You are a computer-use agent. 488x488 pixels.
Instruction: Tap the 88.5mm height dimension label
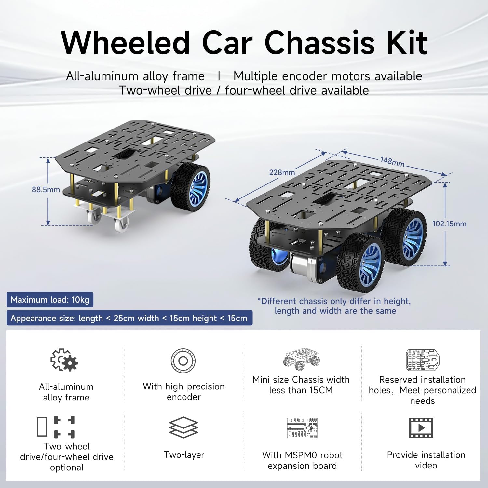click(x=46, y=190)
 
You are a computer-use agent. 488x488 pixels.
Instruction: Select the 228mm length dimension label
click(x=282, y=172)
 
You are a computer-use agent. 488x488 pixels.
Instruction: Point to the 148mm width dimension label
click(x=392, y=161)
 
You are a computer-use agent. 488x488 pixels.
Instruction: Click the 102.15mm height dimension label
click(x=449, y=224)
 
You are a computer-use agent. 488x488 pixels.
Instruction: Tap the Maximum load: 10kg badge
click(x=50, y=300)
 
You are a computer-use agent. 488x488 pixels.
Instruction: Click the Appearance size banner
click(x=129, y=318)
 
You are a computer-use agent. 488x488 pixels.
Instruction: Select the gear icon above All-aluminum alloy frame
click(x=64, y=360)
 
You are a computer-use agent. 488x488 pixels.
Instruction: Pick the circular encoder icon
click(x=183, y=360)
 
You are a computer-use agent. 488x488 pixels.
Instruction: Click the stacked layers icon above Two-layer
click(x=183, y=427)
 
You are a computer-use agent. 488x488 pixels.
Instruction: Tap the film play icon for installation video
click(x=421, y=427)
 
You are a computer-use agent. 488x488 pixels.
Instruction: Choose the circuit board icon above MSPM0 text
click(x=302, y=427)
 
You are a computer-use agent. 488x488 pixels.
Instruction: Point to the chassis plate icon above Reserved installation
click(x=422, y=360)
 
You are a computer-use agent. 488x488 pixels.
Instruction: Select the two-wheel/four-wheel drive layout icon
click(x=56, y=426)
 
